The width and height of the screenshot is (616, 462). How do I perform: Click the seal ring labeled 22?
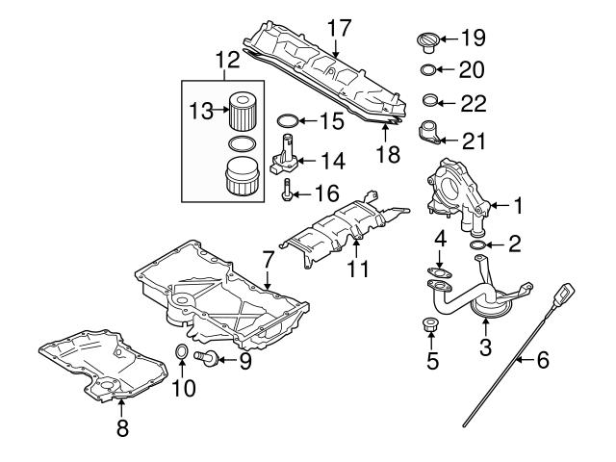click(x=433, y=100)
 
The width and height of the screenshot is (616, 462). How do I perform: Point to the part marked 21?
click(x=430, y=131)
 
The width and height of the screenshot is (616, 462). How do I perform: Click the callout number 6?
click(x=542, y=361)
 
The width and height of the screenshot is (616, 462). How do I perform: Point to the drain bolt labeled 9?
click(x=207, y=359)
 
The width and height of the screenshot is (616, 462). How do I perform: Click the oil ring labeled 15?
click(x=287, y=121)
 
